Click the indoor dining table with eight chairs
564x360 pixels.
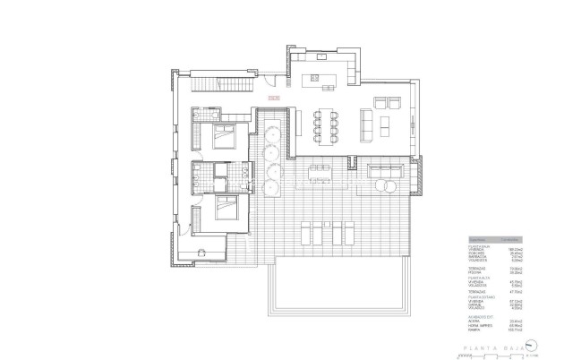pyautogui.click(x=325, y=123)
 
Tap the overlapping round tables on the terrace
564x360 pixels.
pyautogui.click(x=387, y=186)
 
